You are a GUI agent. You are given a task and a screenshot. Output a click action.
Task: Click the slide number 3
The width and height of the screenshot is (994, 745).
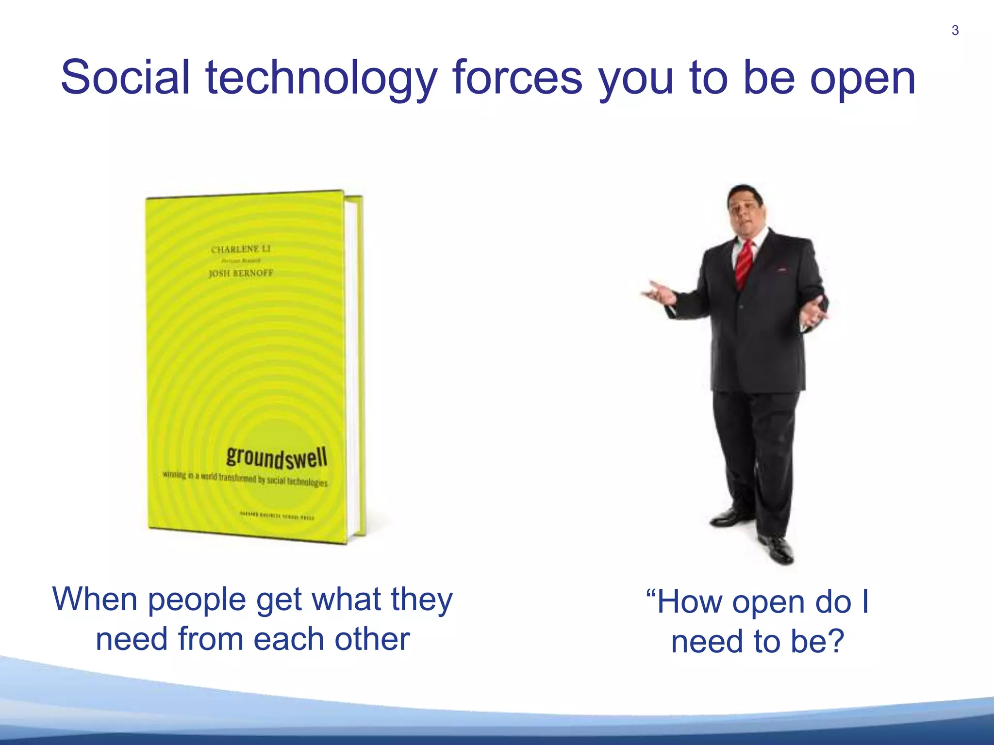pos(955,31)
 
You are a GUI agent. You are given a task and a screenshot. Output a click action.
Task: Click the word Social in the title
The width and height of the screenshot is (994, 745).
pos(125,78)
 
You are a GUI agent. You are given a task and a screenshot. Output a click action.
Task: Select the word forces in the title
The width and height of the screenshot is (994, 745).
pos(517,78)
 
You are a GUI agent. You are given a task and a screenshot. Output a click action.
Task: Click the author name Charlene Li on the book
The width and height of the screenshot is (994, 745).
pos(241,249)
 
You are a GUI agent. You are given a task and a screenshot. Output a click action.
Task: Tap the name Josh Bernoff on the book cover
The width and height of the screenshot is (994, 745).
pos(241,273)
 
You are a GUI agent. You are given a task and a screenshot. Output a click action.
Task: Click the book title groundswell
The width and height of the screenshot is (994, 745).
pos(277,457)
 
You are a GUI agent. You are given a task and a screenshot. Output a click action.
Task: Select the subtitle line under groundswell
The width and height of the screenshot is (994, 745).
pos(245,479)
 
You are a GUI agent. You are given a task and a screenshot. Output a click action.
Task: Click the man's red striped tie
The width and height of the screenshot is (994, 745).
pos(744,262)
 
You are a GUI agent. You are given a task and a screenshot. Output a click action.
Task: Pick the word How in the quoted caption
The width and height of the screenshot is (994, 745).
pos(690,602)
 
